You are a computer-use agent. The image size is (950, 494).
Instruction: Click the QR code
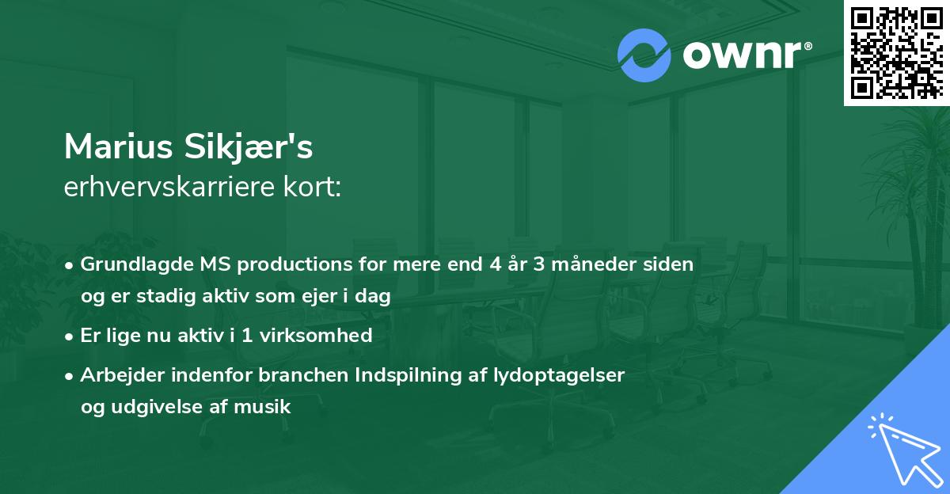click(x=896, y=52)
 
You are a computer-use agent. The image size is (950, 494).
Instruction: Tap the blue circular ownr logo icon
click(x=644, y=55)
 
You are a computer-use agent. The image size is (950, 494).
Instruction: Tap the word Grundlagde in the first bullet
click(x=132, y=264)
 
